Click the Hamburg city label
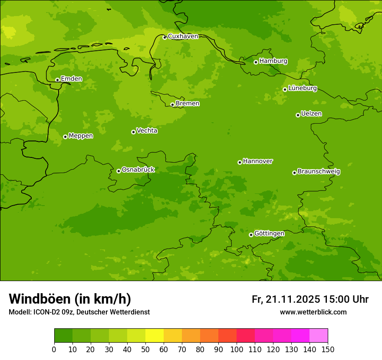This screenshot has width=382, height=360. [x=273, y=61]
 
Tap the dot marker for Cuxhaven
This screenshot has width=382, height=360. [x=165, y=37]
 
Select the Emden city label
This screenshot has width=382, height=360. [x=71, y=79]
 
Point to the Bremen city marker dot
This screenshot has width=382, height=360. [x=172, y=105]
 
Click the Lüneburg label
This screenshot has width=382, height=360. [x=302, y=88]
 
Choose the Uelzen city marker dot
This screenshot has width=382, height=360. [x=298, y=115]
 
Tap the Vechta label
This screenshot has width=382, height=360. [x=147, y=131]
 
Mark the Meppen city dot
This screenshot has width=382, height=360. [x=65, y=137]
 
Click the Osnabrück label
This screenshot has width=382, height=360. [x=138, y=170]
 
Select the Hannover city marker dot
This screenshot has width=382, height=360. [x=240, y=162]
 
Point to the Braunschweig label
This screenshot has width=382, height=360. [x=319, y=172]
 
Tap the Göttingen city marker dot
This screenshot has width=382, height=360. [x=251, y=235]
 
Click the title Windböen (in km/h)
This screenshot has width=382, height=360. [x=70, y=299]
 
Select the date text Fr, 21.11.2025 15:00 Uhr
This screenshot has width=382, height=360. [x=310, y=299]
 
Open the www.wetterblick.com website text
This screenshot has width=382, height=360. [x=313, y=312]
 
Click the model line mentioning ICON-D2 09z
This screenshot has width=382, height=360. [x=79, y=312]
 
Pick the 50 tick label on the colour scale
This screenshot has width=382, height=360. [x=145, y=349]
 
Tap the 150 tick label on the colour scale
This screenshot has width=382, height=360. [x=328, y=349]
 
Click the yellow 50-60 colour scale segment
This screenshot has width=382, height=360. [x=155, y=336]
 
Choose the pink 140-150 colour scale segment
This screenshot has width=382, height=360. [x=319, y=336]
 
